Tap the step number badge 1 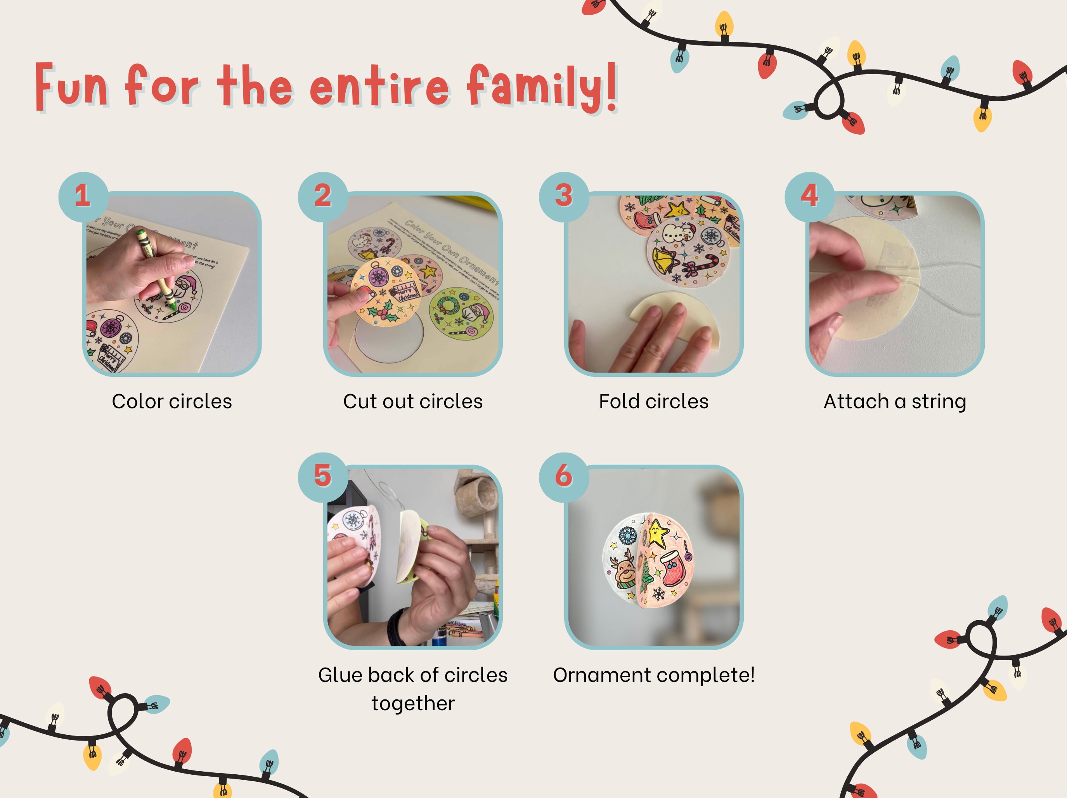click(83, 196)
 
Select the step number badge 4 click(809, 196)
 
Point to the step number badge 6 click(564, 477)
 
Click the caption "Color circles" click(172, 401)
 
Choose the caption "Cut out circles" click(412, 401)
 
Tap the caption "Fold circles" click(654, 401)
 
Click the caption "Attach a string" click(895, 401)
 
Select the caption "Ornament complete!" click(654, 675)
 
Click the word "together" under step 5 click(413, 703)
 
